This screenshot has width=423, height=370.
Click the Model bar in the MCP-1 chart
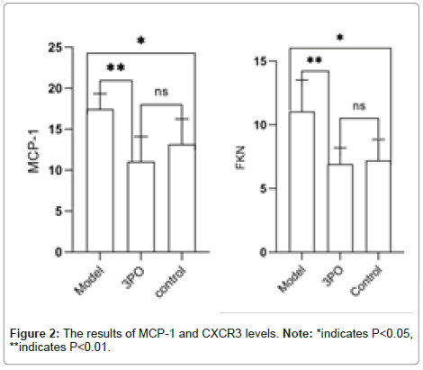pos(100,180)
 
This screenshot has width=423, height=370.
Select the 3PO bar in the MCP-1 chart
pos(140,207)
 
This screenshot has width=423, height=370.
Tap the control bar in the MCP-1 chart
pos(182,198)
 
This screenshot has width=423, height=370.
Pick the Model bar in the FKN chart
pos(301,182)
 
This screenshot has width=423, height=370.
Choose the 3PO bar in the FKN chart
pos(340,208)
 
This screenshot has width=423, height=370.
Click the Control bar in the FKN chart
pos(378,206)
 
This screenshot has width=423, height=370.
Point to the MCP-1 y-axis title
pos(33,151)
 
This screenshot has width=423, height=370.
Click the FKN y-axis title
pos(240,158)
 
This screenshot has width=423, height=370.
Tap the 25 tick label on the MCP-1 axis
pos(55,48)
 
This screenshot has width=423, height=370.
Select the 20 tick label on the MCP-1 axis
pos(56,88)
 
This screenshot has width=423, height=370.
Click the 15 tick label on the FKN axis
pos(260,61)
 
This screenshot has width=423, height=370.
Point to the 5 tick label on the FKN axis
pos(264,189)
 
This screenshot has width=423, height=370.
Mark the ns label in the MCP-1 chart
pos(161,92)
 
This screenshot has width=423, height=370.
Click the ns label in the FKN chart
pos(359,106)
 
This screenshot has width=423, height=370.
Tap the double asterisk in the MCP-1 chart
pos(116,68)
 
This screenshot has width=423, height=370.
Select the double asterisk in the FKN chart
pos(314,60)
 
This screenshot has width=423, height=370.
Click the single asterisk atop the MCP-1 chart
pos(141,41)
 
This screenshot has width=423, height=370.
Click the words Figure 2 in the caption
pos(33,333)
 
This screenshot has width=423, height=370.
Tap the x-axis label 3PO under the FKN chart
pos(333,276)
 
